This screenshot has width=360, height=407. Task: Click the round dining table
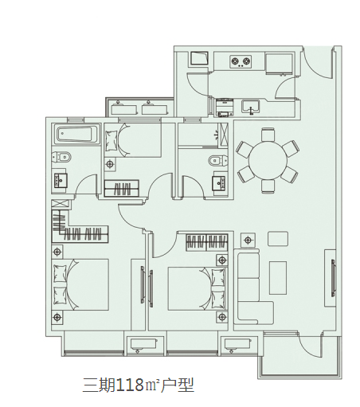click(x=268, y=160)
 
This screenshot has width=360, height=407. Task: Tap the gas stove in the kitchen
click(x=241, y=61)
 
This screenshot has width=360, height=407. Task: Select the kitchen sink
click(x=251, y=106)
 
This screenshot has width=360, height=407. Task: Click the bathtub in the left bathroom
click(x=75, y=134)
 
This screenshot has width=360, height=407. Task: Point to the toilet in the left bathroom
click(x=61, y=158)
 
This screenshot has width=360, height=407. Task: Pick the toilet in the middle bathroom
click(x=218, y=161)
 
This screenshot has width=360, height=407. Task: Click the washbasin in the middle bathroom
click(x=219, y=183)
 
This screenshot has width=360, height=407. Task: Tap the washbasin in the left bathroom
click(x=61, y=181)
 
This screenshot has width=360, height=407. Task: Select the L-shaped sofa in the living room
click(x=253, y=288)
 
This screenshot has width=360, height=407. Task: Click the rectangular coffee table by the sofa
click(x=278, y=278)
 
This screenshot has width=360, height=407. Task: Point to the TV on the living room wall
click(x=333, y=278)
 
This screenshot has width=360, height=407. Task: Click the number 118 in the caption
click(x=130, y=385)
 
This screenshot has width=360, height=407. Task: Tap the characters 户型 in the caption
click(x=178, y=385)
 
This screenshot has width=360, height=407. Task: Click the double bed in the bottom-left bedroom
click(x=80, y=284)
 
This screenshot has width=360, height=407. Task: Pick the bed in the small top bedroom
click(x=133, y=140)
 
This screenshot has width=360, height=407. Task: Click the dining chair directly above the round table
click(x=268, y=135)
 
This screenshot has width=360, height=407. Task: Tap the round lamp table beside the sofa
click(x=248, y=241)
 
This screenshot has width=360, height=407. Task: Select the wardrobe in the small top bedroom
click(x=122, y=188)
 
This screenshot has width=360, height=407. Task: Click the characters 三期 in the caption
click(x=99, y=385)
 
